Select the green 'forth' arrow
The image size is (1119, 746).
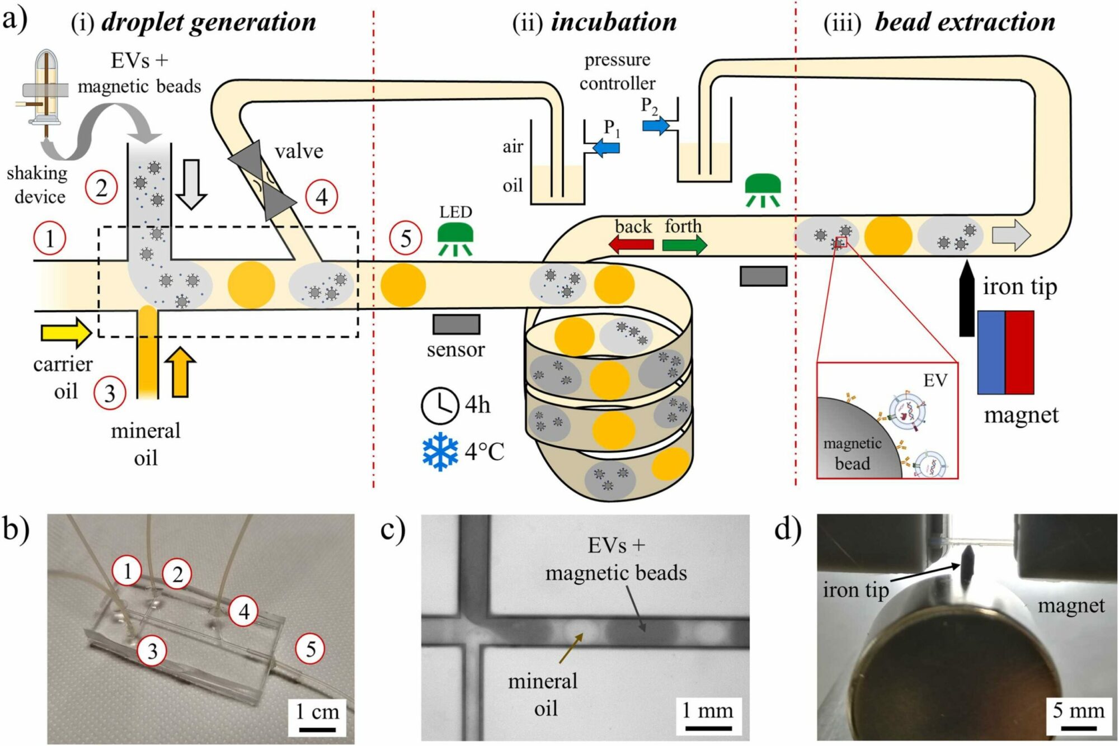[684, 244]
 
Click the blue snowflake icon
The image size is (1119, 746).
[440, 451]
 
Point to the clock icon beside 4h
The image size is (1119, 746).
[439, 405]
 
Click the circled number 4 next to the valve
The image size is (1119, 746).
[322, 197]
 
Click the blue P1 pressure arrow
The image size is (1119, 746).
[605, 148]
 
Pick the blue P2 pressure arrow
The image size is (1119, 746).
[655, 125]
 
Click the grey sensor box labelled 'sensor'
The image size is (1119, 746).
[456, 324]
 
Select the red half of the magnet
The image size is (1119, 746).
[1019, 352]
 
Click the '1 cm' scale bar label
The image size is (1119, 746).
[317, 711]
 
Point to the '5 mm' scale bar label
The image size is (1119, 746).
[1078, 710]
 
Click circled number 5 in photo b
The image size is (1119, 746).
[310, 649]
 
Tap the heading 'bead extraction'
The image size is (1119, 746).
[965, 22]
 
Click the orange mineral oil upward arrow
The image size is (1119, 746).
[180, 372]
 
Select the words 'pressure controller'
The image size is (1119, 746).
[617, 72]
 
